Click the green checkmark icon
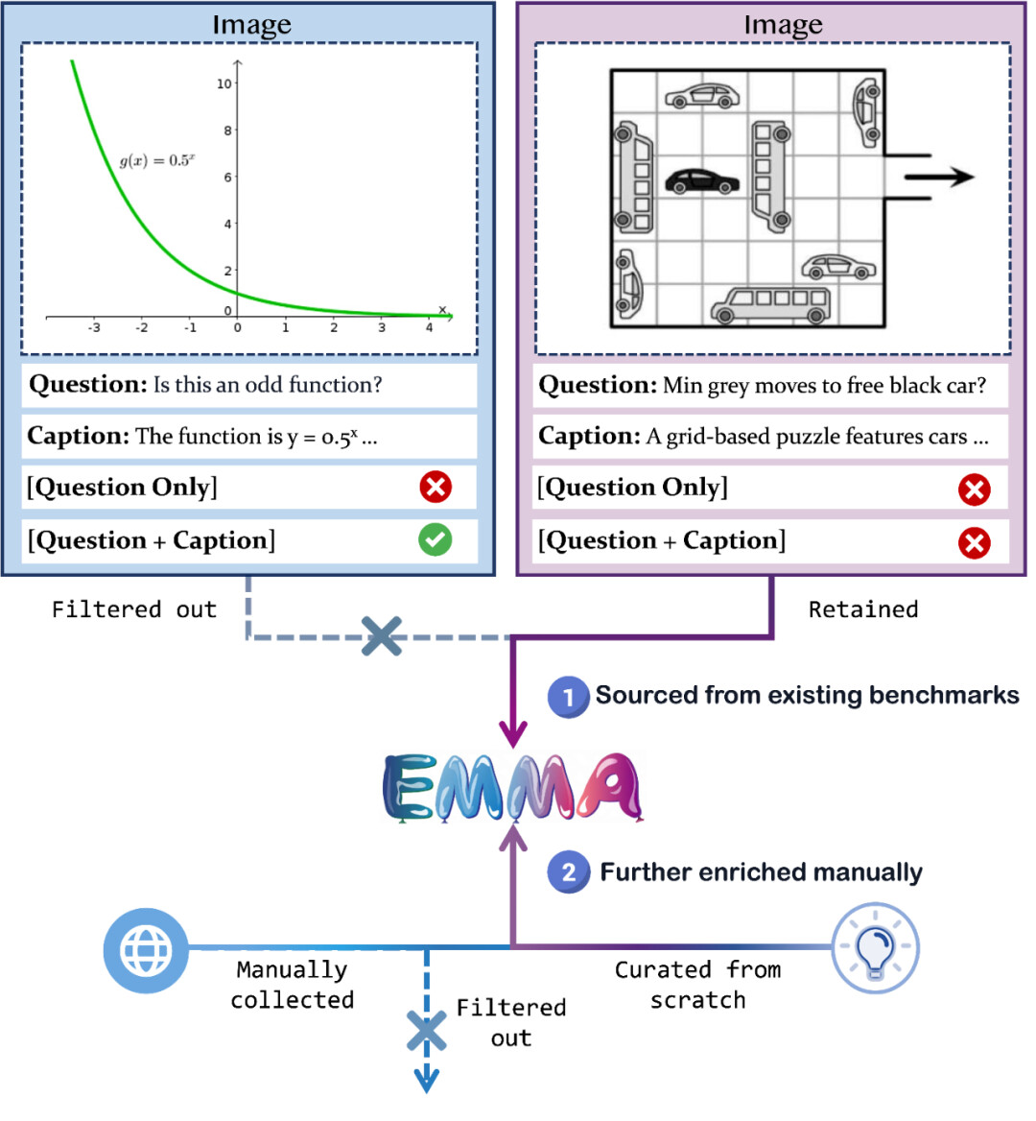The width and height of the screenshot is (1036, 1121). (435, 539)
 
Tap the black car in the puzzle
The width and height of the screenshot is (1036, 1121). (702, 180)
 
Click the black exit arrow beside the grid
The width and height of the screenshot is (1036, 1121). (938, 177)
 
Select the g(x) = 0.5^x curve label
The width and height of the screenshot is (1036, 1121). (157, 160)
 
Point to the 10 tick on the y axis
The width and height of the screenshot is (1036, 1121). (224, 83)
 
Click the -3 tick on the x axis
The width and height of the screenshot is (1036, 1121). (94, 327)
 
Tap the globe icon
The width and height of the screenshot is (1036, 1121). (146, 950)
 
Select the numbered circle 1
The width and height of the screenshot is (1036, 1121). (568, 697)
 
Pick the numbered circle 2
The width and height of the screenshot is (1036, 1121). (568, 872)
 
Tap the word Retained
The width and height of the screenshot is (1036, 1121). (862, 609)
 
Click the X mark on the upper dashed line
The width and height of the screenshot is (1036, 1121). (381, 636)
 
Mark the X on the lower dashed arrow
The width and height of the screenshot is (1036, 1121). (427, 1032)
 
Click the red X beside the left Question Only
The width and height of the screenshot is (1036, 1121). (435, 487)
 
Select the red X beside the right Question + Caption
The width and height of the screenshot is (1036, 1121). (974, 542)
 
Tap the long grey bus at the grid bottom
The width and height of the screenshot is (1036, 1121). (770, 304)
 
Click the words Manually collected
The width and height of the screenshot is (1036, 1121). (292, 985)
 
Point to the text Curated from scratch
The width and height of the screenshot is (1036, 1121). (697, 985)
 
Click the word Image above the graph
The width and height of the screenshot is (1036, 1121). (251, 24)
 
